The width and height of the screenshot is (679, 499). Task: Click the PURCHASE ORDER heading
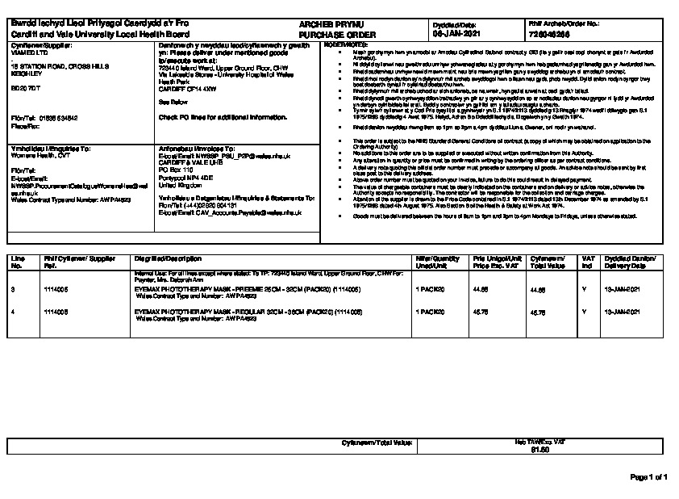(x=327, y=36)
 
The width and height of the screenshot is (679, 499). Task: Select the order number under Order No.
(x=549, y=36)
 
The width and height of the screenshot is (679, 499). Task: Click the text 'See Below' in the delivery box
(x=172, y=103)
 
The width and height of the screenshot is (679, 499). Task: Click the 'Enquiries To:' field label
(x=50, y=149)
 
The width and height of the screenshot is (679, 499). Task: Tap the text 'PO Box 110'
(x=176, y=170)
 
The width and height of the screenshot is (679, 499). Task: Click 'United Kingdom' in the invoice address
(x=181, y=184)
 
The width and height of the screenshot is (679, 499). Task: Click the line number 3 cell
(x=14, y=288)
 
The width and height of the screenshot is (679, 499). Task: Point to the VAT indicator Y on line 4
(x=584, y=310)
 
